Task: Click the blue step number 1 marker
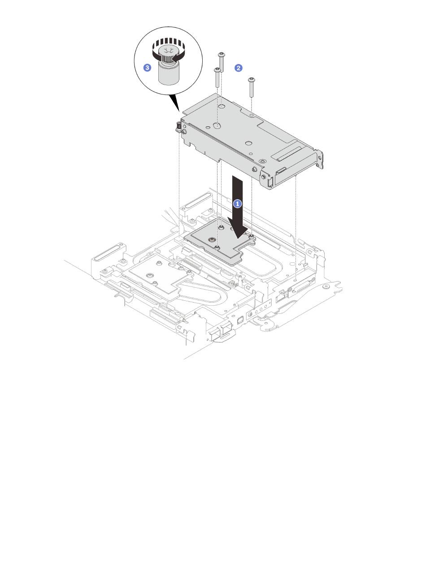(x=237, y=204)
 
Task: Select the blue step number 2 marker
(x=238, y=68)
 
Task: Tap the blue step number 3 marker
(x=147, y=68)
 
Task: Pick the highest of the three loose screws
(x=221, y=62)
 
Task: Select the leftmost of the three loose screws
(x=217, y=77)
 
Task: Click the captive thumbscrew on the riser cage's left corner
(x=178, y=127)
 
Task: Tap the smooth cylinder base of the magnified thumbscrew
(x=166, y=75)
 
